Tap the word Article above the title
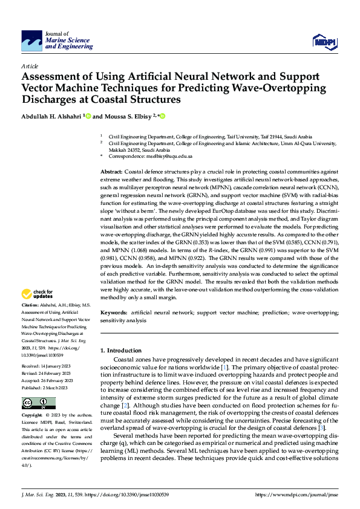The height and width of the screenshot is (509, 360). point(30,66)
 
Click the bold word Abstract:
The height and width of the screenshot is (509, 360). point(111,172)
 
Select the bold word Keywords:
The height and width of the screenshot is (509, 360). point(114,312)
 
